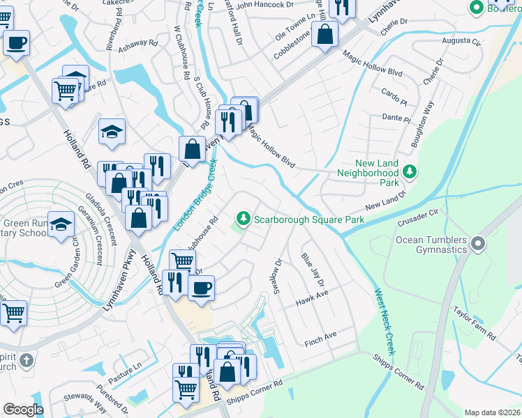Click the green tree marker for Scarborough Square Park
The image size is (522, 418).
[243, 219]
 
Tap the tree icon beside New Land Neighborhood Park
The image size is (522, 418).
[411, 171]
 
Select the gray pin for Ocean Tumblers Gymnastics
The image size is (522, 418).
[478, 244]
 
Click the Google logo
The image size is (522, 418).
[23, 410]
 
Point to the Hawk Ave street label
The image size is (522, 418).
[311, 298]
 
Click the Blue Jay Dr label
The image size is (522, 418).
[313, 269]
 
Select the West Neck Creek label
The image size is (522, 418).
[385, 322]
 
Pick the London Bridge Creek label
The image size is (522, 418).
[195, 195]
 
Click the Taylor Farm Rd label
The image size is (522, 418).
[474, 323]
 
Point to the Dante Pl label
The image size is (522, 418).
[396, 118]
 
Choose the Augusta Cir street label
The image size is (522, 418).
[462, 42]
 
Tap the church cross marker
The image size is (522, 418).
[26, 360]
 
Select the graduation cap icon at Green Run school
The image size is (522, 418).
[61, 223]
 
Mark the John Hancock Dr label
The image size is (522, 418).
[264, 5]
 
